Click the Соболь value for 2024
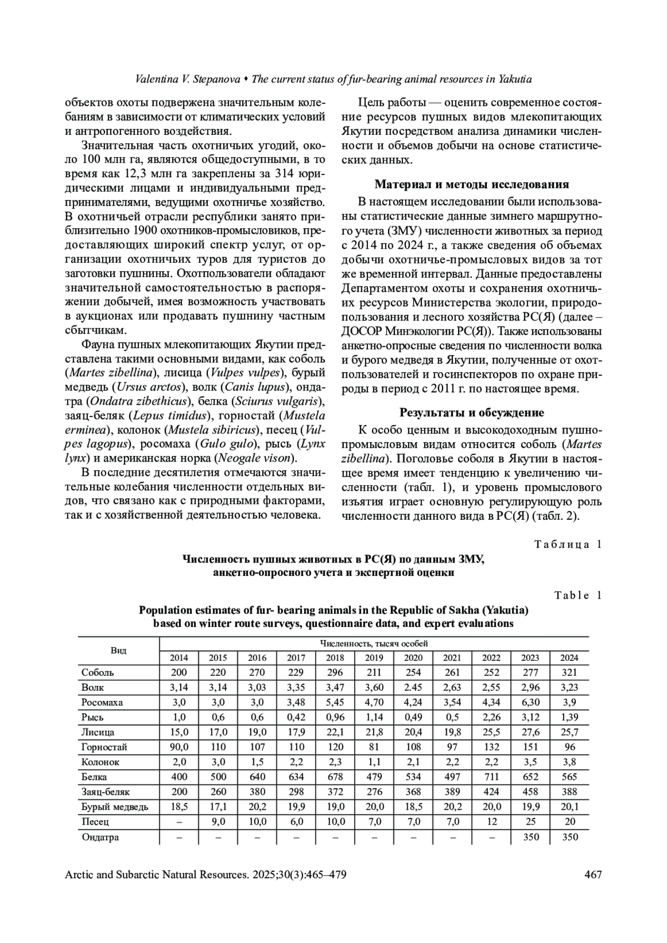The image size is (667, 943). coord(569,673)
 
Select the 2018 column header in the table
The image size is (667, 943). coord(335,658)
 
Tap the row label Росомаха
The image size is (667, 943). coord(102,703)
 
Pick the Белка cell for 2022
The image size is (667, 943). coord(491,777)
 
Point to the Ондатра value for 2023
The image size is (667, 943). coord(530,837)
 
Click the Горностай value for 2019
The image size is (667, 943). coord(374,747)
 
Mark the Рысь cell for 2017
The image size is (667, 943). coord(296,718)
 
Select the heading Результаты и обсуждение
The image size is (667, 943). coord(472,413)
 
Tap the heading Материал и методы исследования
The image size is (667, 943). coord(472,184)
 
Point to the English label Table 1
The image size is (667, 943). coord(578,595)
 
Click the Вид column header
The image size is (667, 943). coord(118,650)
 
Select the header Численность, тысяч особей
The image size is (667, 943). coord(374,643)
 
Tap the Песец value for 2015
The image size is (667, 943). coord(218,822)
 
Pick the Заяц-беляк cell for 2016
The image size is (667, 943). coord(257,792)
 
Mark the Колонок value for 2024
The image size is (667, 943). coord(569,762)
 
